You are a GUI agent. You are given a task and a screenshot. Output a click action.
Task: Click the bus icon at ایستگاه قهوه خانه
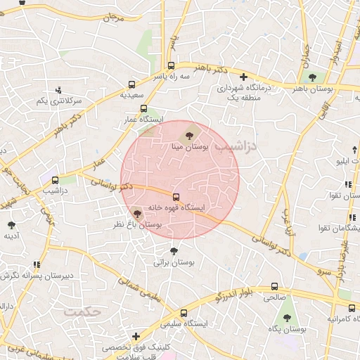tap(176, 197)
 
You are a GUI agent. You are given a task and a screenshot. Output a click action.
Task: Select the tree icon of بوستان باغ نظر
tap(136, 214)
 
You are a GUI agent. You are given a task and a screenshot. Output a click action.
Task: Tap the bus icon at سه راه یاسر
tap(172, 66)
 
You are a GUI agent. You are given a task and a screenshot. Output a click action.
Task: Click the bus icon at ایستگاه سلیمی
tap(184, 313)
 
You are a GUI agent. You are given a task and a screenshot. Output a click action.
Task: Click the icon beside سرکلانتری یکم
tap(58, 90)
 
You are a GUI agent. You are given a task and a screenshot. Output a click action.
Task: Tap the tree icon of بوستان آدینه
tap(11, 225)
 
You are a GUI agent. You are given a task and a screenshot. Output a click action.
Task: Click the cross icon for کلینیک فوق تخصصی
tap(136, 337)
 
